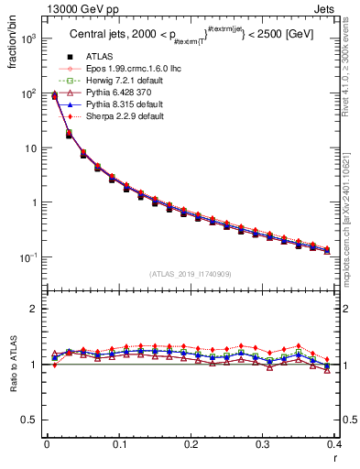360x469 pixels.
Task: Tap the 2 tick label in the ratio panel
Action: [33, 309]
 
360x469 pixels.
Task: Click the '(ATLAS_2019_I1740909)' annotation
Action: [191, 274]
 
